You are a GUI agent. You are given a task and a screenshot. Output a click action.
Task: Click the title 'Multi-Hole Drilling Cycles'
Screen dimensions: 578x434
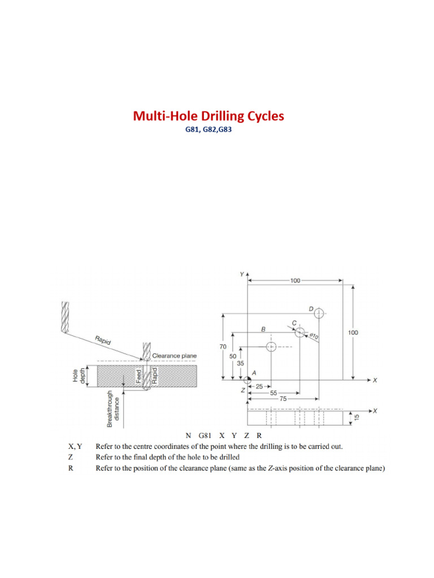209,116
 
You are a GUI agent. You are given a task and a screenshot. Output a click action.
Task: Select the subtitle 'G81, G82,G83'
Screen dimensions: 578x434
209,129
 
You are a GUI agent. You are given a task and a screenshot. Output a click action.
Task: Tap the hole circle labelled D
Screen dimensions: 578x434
319,313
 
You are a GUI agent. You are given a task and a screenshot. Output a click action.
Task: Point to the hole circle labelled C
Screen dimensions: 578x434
300,330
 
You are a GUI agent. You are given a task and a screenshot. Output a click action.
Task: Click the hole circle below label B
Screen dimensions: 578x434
271,347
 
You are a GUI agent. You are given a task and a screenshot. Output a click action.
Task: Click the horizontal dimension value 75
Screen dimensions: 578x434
283,399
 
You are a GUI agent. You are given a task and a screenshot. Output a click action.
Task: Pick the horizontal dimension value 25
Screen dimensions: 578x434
259,387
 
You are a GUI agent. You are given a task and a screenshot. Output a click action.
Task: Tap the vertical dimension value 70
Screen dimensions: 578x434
223,347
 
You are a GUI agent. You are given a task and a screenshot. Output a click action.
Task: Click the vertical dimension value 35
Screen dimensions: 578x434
240,364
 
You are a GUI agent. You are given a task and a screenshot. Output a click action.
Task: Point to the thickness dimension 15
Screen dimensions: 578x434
355,417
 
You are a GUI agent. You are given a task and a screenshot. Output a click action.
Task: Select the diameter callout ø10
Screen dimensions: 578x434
315,336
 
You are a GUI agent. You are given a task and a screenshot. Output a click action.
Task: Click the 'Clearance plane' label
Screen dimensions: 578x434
175,356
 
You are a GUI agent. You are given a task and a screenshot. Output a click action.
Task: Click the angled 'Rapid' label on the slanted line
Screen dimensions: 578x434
103,340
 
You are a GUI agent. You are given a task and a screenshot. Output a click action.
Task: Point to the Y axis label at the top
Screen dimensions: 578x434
241,274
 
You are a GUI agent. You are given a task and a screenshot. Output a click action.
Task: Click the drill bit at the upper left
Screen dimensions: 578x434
66,317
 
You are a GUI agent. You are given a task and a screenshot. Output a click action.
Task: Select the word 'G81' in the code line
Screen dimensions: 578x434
205,436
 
